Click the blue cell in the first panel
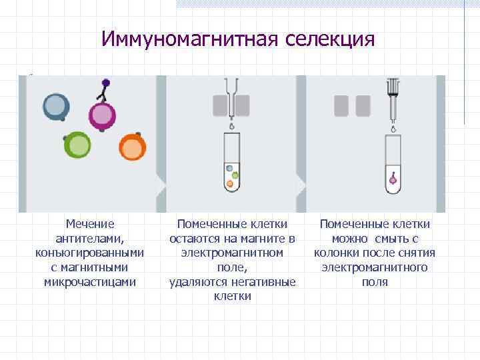point(56,107)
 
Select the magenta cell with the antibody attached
point(102,116)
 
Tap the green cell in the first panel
point(78,145)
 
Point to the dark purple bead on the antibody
point(106,83)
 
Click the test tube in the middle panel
point(231,163)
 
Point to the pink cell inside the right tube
point(393,179)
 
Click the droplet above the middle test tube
point(231,125)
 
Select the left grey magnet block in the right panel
point(341,105)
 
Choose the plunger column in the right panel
point(393,100)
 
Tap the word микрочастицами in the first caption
point(90,281)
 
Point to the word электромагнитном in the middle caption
point(233,253)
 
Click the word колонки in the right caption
point(337,253)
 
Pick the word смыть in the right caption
point(395,239)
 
